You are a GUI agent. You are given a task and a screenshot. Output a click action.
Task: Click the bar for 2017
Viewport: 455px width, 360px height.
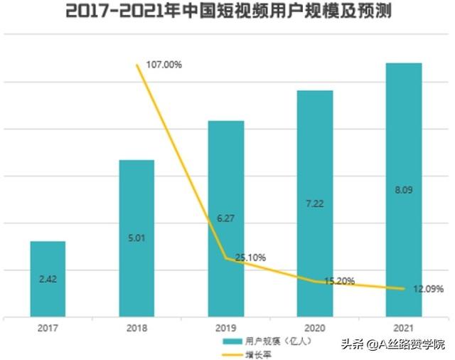[x=48, y=279]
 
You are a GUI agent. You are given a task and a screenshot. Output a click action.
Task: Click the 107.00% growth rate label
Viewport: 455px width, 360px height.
[x=164, y=65]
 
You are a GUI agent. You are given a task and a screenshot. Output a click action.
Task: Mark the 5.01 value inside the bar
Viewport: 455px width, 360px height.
[x=136, y=238]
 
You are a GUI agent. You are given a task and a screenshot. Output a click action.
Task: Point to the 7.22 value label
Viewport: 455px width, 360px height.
[x=315, y=203]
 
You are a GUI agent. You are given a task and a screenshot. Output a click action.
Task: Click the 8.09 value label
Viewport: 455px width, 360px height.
[x=404, y=190]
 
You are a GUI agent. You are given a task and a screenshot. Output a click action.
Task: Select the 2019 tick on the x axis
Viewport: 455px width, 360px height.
[x=225, y=329]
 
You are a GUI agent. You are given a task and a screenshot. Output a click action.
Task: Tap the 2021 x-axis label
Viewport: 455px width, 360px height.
[x=404, y=329]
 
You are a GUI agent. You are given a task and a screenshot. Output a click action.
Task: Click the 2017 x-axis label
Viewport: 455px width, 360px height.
[x=48, y=329]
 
